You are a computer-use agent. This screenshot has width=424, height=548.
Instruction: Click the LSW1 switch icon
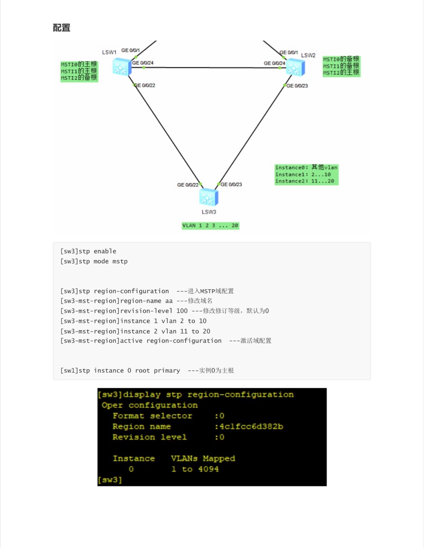122,67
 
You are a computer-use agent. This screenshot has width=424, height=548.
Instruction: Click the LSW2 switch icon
295,68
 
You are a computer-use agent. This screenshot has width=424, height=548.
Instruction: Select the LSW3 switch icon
209,197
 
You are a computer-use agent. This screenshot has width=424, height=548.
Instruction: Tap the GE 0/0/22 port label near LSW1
145,86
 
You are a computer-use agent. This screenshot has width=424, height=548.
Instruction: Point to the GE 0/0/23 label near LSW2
297,86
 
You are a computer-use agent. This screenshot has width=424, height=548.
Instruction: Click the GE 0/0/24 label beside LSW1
143,63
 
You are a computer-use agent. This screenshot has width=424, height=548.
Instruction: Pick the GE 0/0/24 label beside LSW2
275,63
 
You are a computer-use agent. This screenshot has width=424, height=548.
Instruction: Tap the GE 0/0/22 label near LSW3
188,185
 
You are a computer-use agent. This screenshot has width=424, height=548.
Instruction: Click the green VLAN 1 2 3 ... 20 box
210,226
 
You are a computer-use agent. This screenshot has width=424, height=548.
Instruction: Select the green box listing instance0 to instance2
306,175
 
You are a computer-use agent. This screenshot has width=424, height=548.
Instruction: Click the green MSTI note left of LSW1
79,71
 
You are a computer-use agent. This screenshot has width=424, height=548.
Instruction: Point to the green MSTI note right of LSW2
341,66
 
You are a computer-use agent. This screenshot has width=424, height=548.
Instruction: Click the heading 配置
62,28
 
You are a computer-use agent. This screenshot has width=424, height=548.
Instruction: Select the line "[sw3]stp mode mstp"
94,261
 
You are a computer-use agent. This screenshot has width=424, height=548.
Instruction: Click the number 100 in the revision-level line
182,311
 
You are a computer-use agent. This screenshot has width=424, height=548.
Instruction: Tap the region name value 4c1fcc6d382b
251,426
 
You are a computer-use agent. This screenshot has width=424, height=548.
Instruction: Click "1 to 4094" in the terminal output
195,469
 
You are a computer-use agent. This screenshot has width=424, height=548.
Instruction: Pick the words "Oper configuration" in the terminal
149,405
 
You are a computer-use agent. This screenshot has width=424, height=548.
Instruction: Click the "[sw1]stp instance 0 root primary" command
120,370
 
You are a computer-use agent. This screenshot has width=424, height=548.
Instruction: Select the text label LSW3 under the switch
209,212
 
